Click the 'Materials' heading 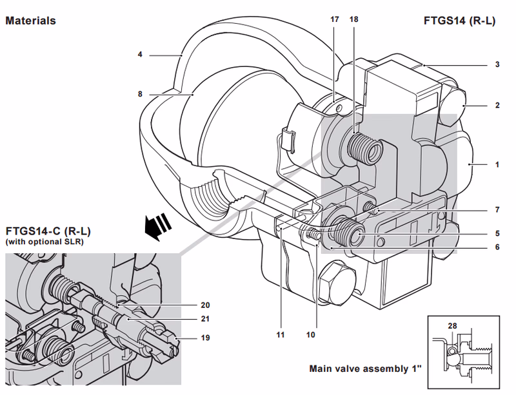coord(30,21)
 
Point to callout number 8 coord(139,93)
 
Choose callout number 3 coord(497,64)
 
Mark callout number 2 coord(497,105)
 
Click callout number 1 coord(497,165)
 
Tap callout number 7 coord(497,210)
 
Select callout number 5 coord(497,233)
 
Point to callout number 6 coord(497,247)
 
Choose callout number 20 coord(206,305)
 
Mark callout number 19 coord(206,337)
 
